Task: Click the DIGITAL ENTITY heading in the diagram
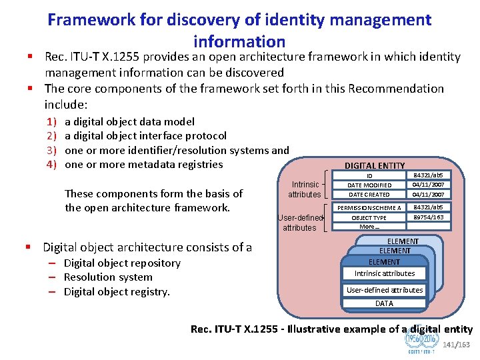point(374,165)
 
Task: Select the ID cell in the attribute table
point(369,176)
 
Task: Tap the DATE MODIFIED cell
point(369,185)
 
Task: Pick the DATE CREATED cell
point(369,195)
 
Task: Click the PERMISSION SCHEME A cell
point(369,208)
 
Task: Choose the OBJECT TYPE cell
point(369,218)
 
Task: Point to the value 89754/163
point(428,217)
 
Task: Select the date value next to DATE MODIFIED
point(428,185)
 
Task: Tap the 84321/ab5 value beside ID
point(428,175)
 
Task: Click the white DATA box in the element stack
point(384,303)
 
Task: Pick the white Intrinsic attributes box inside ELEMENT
point(384,273)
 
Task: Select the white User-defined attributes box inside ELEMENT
point(384,290)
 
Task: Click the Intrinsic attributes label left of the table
point(304,189)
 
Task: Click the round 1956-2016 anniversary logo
point(421,341)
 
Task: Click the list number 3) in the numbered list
point(51,150)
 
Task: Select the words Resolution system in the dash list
point(108,277)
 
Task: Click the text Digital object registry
point(117,291)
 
